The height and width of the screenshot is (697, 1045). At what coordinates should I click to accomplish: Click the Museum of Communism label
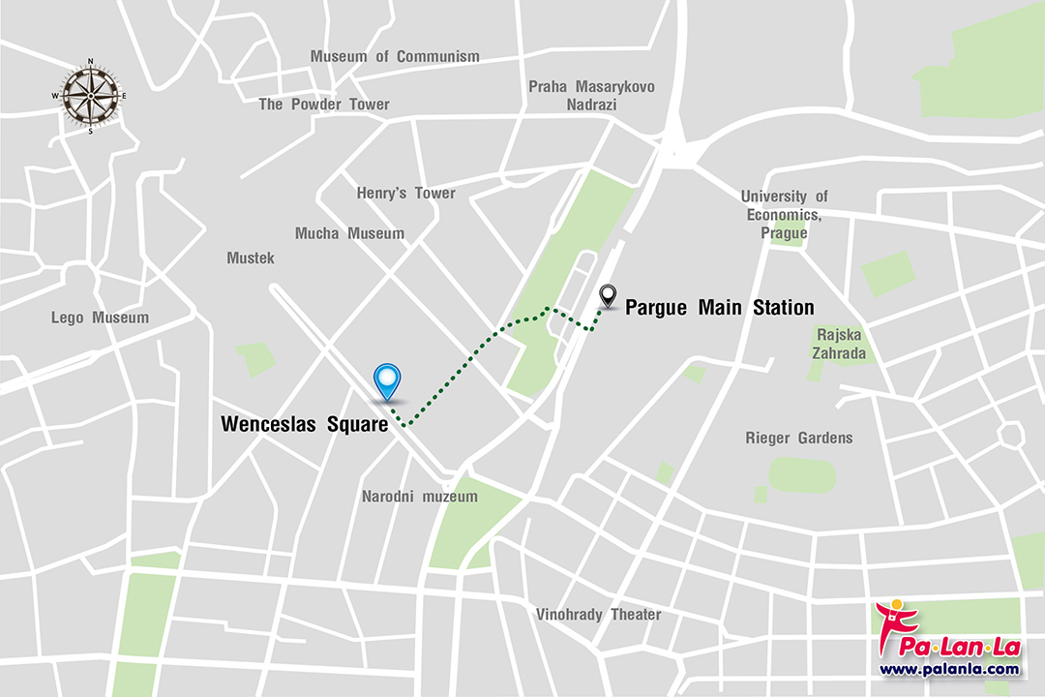coord(395,57)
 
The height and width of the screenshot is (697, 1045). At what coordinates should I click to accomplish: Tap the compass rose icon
coord(90,95)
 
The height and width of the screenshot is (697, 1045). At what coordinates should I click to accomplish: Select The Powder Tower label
coord(324,105)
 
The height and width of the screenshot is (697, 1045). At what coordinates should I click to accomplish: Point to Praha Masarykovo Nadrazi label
coord(591,95)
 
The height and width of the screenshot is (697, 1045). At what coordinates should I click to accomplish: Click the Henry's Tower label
coord(405,194)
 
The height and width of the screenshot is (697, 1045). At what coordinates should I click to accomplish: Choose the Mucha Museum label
coord(349,233)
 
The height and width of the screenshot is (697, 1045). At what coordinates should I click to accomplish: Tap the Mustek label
coord(251,258)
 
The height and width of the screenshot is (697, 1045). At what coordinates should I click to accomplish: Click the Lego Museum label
coord(101,318)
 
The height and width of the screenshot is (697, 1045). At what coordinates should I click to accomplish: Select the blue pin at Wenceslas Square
coord(388,380)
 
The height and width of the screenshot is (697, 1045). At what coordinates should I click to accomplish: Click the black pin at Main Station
coord(608,294)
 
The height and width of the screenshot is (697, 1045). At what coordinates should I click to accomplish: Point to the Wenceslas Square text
coord(304,424)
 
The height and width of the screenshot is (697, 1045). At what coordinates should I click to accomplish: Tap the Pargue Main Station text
coord(719,308)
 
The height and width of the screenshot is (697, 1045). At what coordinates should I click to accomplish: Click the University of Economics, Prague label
coord(785,215)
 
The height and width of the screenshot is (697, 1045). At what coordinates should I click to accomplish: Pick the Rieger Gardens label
coord(799,439)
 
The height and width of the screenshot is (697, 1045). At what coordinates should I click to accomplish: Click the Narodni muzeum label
coord(420,497)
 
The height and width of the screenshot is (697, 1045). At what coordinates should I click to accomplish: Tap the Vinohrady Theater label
coord(599,615)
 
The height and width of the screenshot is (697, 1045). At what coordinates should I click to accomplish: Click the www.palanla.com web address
coord(949,669)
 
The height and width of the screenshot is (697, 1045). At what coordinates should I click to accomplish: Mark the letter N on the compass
coord(90,61)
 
